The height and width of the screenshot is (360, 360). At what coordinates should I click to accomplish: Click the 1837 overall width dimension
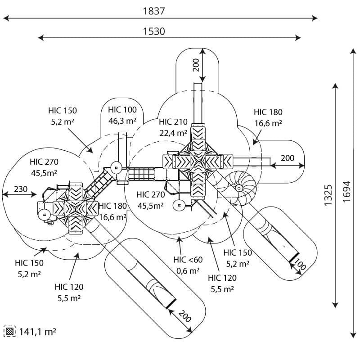click(x=154, y=11)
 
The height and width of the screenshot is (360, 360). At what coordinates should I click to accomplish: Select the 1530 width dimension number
click(x=154, y=31)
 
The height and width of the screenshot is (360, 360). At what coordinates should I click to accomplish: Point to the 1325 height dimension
click(x=328, y=195)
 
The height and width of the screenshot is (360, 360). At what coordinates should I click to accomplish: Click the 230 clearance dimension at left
click(x=20, y=189)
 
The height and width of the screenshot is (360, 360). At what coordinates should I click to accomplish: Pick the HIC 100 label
click(x=122, y=109)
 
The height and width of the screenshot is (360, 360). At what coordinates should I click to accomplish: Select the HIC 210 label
click(x=173, y=121)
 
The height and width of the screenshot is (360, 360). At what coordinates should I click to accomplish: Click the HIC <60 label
click(x=188, y=260)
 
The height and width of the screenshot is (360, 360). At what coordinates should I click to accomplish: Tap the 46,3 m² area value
click(x=122, y=121)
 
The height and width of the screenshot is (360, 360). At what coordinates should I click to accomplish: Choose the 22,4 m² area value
click(x=173, y=133)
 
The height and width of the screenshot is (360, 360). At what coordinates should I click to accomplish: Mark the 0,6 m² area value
click(x=188, y=270)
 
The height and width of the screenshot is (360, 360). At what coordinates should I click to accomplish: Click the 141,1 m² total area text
click(x=37, y=332)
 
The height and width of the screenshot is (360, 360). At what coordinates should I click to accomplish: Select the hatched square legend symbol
click(x=9, y=332)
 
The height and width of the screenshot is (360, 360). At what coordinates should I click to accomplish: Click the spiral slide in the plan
click(x=239, y=186)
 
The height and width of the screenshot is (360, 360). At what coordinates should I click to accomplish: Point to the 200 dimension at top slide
click(x=196, y=66)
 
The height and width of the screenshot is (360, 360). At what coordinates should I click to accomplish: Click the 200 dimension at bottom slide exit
click(x=184, y=316)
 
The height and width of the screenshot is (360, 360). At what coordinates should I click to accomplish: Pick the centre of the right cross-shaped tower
click(x=198, y=162)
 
